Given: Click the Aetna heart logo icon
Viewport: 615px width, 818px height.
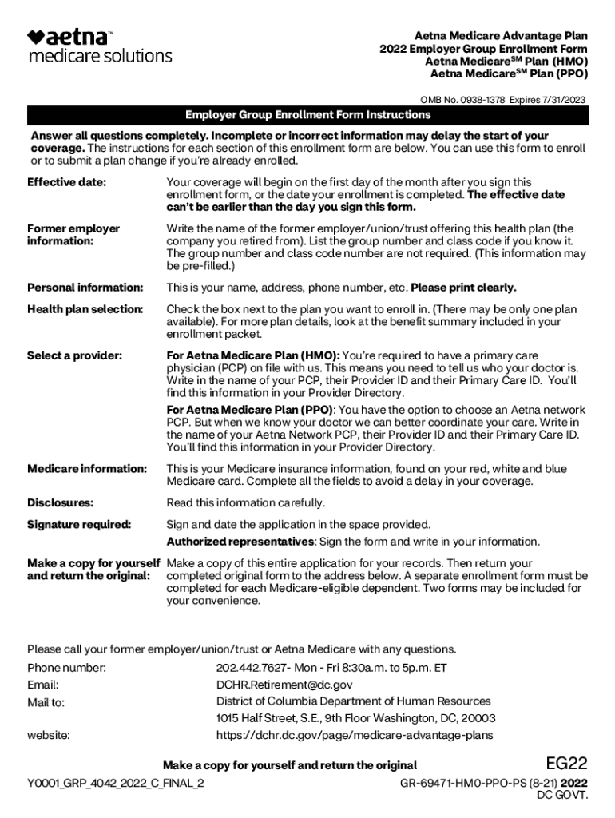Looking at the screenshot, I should click(x=36, y=37).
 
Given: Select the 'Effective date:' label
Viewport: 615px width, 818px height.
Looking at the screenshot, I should click(x=66, y=183).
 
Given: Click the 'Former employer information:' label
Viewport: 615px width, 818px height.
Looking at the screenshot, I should click(x=73, y=235).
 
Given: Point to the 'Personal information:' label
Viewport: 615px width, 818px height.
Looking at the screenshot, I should click(x=85, y=288).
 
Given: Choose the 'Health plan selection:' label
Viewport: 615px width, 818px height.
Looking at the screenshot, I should click(x=85, y=309).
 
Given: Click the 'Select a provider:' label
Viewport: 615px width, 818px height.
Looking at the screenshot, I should click(x=74, y=355).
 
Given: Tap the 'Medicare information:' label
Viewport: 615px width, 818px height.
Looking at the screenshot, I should click(x=87, y=469).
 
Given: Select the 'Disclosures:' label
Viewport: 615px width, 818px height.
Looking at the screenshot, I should click(x=60, y=503).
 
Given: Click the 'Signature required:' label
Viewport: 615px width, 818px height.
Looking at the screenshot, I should click(x=79, y=525).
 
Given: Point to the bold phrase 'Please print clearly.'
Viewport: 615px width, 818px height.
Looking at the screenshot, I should click(x=463, y=288).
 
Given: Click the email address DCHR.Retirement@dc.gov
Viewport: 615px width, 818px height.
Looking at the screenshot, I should click(x=284, y=685).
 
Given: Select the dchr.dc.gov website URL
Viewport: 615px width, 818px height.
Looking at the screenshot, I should click(x=354, y=735).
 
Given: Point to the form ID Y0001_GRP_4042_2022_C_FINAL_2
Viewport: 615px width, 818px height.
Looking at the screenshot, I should click(x=115, y=783).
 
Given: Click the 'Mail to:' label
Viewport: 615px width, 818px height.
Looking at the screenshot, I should click(x=46, y=703).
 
